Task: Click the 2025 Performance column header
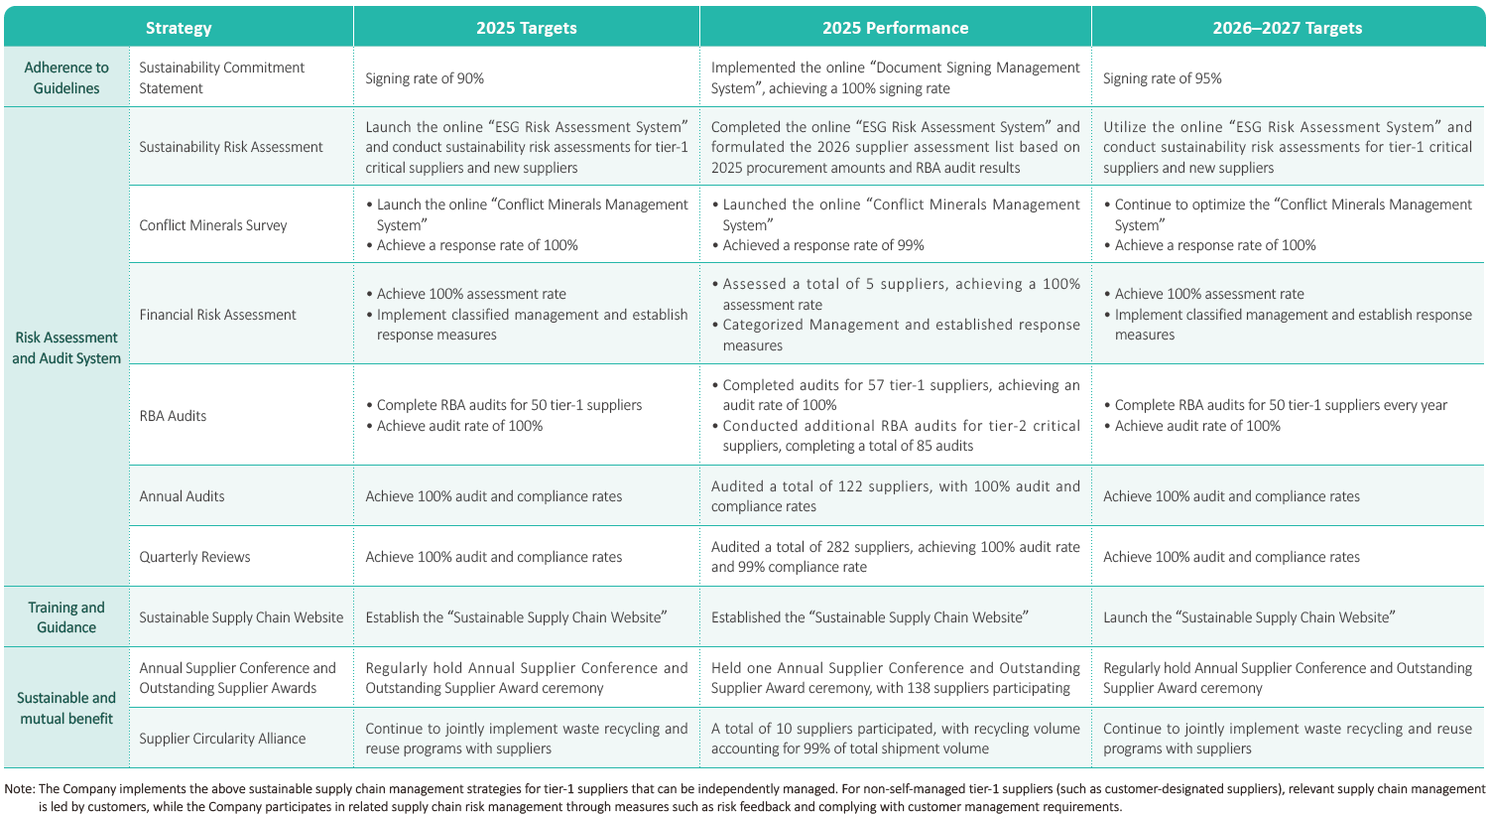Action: pos(895,28)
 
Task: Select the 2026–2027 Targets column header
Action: pos(1287,28)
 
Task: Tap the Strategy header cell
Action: pos(179,28)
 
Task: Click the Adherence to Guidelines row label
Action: pos(66,77)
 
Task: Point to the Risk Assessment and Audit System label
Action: pos(66,347)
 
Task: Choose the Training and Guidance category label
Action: pos(66,617)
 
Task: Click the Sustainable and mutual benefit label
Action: pos(66,708)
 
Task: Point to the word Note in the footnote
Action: pos(18,789)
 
